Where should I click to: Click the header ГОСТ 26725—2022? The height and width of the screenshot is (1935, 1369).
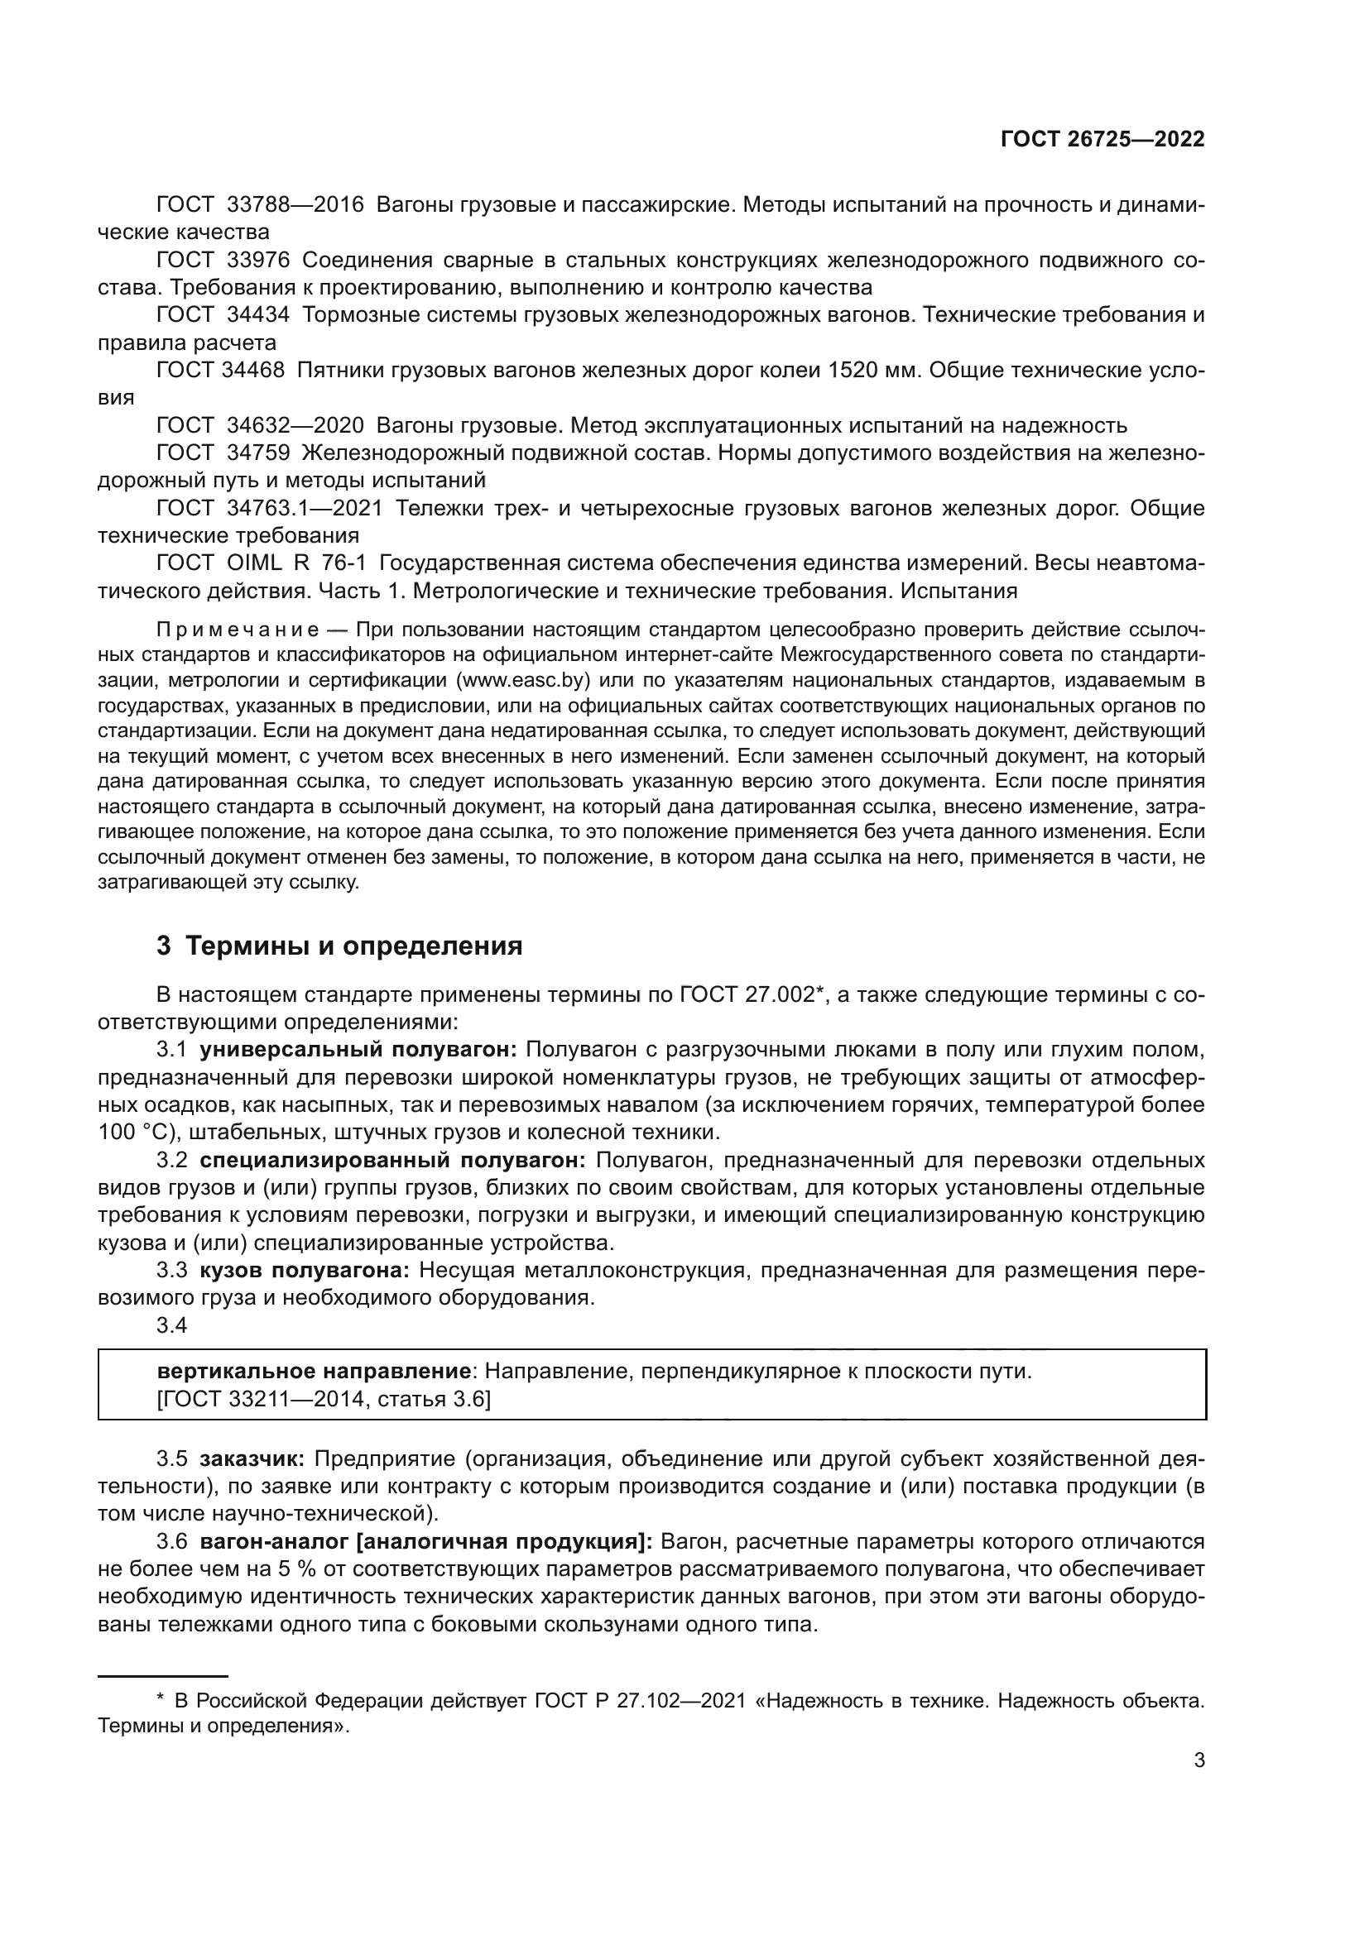click(x=1102, y=140)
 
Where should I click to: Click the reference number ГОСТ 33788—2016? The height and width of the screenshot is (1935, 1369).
click(x=260, y=205)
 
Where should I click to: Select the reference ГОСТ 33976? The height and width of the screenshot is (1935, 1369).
click(x=223, y=261)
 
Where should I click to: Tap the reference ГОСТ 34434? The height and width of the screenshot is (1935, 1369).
click(x=223, y=315)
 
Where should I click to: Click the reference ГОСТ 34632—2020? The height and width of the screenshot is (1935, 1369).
click(x=260, y=425)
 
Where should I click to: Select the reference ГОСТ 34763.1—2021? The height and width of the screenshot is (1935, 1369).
click(x=270, y=509)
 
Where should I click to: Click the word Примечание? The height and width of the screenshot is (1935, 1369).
click(x=238, y=630)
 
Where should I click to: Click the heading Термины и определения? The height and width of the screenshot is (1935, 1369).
click(x=354, y=946)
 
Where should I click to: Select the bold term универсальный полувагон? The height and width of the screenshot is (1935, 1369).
click(x=358, y=1050)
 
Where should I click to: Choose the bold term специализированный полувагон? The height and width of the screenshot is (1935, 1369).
click(x=392, y=1161)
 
